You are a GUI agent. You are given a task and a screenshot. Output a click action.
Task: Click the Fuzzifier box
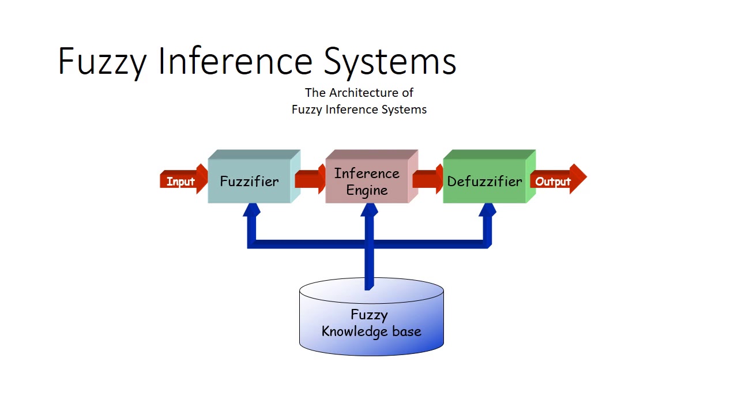point(254,176)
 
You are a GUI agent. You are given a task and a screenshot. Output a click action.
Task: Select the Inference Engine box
point(372,176)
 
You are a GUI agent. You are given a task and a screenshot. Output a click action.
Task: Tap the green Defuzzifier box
point(490,176)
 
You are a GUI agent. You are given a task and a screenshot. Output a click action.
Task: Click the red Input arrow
point(184,179)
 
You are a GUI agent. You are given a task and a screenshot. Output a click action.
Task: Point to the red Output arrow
point(559,179)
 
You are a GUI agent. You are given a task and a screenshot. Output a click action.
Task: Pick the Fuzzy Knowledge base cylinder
point(371,317)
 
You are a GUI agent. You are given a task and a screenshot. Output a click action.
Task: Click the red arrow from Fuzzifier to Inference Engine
point(310,179)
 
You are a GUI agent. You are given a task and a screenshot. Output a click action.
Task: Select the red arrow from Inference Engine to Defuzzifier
point(428,179)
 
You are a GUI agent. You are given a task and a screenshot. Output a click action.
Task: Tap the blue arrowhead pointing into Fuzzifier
point(252,209)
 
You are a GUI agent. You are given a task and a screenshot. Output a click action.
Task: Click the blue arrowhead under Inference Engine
point(370,209)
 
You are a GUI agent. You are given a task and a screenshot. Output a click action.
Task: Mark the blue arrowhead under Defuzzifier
point(487,209)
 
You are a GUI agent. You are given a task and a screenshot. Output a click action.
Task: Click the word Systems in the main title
point(390,62)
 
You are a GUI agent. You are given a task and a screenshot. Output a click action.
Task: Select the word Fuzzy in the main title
point(102,62)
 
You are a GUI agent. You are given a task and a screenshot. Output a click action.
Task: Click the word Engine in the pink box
point(367,191)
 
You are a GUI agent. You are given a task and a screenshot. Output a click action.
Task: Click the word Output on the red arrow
point(553,182)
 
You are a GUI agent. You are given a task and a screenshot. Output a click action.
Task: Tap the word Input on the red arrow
point(180,182)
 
